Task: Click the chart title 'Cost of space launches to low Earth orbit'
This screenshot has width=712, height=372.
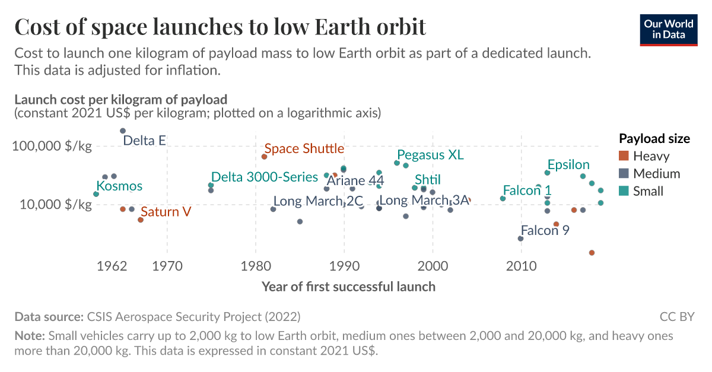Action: [x=220, y=27]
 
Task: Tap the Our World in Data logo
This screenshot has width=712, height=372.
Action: [x=669, y=29]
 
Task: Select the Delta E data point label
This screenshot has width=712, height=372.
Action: [x=144, y=141]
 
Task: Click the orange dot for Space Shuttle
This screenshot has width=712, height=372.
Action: [x=264, y=157]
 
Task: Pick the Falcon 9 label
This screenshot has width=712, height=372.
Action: [x=545, y=230]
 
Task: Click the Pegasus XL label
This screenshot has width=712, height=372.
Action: [x=430, y=155]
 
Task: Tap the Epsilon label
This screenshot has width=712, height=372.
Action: [x=568, y=164]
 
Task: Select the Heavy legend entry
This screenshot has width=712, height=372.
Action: [x=651, y=156]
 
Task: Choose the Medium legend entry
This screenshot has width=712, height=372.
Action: [x=656, y=174]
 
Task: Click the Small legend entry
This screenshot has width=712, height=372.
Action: [x=648, y=191]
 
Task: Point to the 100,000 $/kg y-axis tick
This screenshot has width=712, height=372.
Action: [x=52, y=146]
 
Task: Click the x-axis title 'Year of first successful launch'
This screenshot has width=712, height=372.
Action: [x=348, y=287]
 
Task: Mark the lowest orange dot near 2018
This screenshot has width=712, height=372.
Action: [x=592, y=253]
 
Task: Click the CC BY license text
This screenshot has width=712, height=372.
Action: [x=676, y=316]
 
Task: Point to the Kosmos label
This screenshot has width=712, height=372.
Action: [x=119, y=186]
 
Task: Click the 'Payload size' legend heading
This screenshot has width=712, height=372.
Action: [x=654, y=138]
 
